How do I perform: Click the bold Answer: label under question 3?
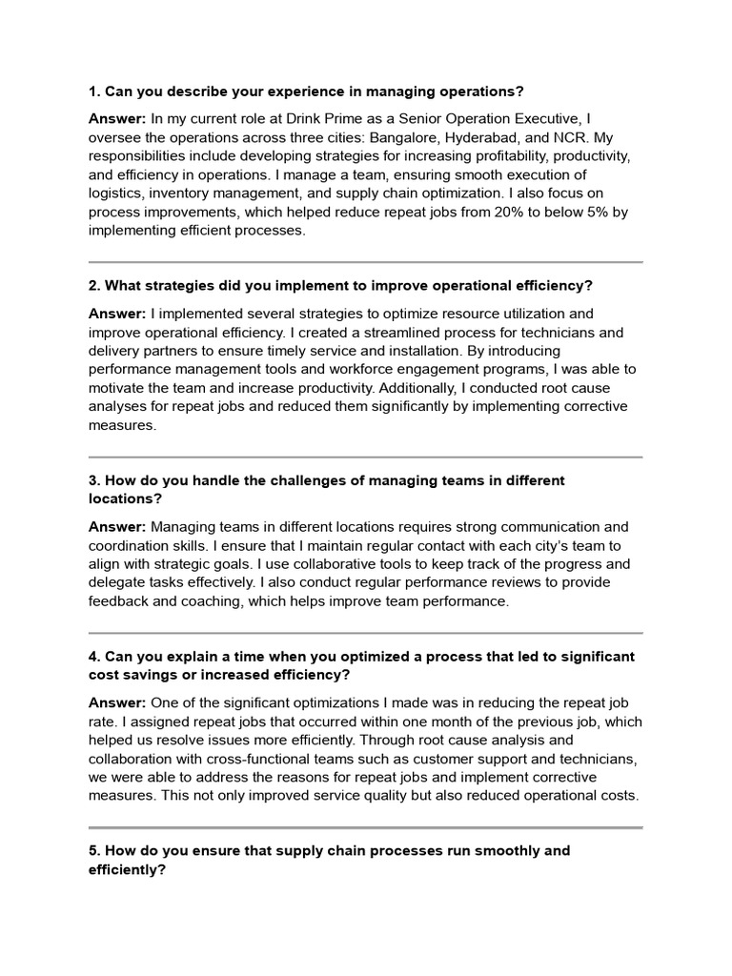point(117,527)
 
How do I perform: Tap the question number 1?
point(93,91)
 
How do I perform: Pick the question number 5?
point(93,850)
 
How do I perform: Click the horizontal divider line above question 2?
point(366,261)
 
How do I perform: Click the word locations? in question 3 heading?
point(125,498)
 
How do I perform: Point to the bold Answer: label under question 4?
point(117,702)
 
